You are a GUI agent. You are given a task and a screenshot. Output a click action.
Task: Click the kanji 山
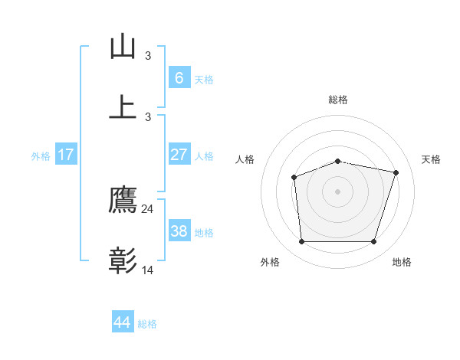click(123, 47)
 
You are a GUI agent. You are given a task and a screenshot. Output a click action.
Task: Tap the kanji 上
click(123, 106)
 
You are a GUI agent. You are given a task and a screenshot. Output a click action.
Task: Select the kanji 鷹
click(123, 201)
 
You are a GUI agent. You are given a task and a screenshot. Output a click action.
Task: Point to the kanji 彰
click(123, 261)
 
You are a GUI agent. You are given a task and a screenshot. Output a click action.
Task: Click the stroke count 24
click(148, 209)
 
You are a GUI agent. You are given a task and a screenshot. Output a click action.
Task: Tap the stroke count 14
click(148, 270)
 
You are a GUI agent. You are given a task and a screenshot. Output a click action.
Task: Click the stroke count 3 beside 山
click(148, 56)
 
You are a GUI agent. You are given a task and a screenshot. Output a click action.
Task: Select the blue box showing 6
click(179, 78)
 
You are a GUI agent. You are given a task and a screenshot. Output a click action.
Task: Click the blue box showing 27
click(179, 155)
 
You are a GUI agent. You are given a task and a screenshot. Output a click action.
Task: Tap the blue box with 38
click(179, 231)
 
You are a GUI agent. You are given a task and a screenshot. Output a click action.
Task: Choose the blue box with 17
click(65, 155)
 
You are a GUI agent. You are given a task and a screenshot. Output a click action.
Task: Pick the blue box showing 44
click(122, 322)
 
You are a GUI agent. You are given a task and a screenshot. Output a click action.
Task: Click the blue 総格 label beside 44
click(147, 324)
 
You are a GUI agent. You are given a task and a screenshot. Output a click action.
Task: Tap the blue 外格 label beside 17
click(41, 156)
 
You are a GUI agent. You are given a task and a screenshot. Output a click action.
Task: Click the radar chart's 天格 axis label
click(432, 159)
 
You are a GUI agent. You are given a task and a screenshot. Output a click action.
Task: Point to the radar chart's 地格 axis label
click(402, 262)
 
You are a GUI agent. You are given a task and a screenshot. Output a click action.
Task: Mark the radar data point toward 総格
click(337, 161)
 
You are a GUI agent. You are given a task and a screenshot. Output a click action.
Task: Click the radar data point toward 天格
click(396, 172)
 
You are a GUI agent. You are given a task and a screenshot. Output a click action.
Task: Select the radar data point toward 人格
click(294, 177)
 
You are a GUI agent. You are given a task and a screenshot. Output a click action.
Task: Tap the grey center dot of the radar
click(337, 191)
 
